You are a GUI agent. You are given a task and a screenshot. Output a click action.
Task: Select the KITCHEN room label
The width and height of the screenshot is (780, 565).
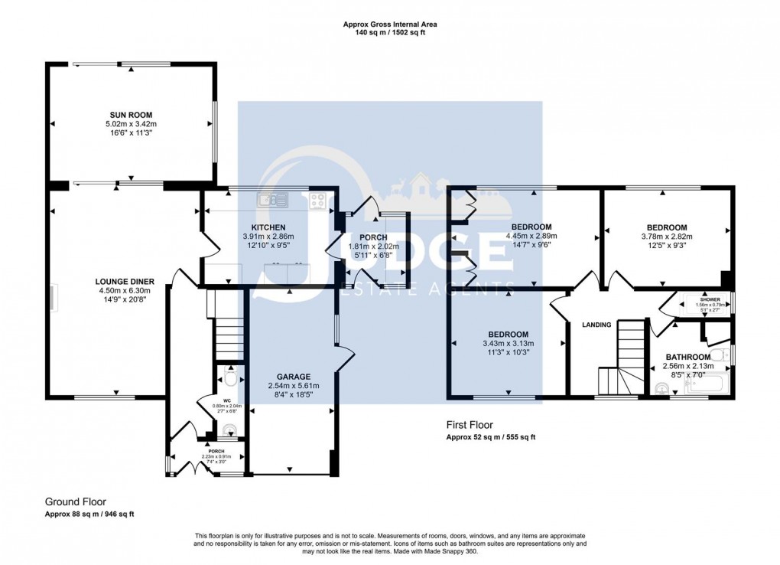pos(268,227)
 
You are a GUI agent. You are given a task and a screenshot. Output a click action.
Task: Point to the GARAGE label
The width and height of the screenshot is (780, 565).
pos(294,377)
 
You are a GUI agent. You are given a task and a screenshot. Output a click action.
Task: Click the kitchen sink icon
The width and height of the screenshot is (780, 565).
pos(273,201)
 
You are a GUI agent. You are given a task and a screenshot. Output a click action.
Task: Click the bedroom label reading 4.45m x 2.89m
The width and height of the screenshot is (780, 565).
pos(531,237)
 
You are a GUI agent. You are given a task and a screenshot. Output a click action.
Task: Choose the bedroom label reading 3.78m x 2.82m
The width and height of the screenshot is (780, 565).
pos(666,237)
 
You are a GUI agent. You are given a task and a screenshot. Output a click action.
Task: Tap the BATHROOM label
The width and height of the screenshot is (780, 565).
pos(687,357)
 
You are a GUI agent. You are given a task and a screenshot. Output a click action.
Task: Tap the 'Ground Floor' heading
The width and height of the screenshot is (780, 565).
pos(75,502)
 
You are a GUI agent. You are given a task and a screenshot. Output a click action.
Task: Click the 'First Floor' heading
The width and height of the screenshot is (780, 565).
pos(470,425)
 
